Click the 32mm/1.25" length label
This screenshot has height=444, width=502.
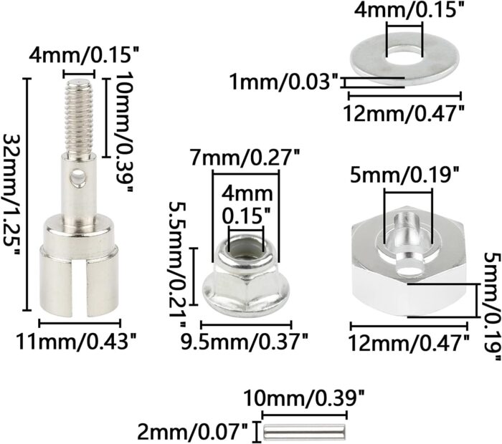coord(11,194)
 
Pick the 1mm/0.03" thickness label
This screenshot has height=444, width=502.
coord(284,82)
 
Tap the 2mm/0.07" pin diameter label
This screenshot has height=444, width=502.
coord(193,432)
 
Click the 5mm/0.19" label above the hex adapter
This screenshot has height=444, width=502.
coord(405,175)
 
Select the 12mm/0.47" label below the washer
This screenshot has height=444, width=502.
coord(403,113)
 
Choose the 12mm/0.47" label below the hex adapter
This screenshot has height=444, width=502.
coord(409,343)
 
